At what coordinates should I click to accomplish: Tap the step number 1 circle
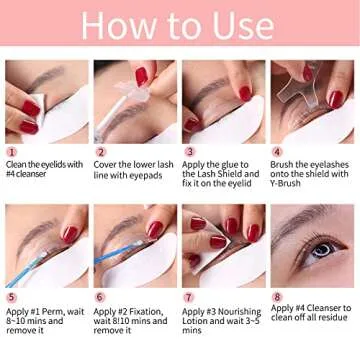click(11, 153)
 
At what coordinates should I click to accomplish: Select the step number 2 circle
click(100, 153)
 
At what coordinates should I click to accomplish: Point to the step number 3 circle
click(188, 153)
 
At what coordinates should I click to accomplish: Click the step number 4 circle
click(276, 153)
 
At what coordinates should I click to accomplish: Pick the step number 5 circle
click(11, 298)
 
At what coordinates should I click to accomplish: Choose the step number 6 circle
click(100, 298)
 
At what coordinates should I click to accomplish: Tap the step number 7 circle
click(188, 298)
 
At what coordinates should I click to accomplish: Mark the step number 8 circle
click(276, 298)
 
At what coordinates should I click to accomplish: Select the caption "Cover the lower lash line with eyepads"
click(132, 170)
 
